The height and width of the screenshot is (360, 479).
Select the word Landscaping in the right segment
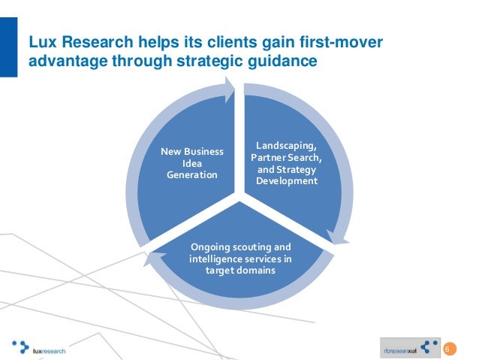point(286,145)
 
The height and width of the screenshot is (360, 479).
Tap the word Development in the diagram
point(286,181)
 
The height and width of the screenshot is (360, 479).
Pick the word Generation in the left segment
point(192,175)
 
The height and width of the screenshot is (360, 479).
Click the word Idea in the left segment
point(192,163)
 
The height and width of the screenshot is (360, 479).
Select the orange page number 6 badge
point(450,348)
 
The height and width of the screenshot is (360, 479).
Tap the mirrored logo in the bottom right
point(410,347)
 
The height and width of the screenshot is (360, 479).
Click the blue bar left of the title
point(8,49)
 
